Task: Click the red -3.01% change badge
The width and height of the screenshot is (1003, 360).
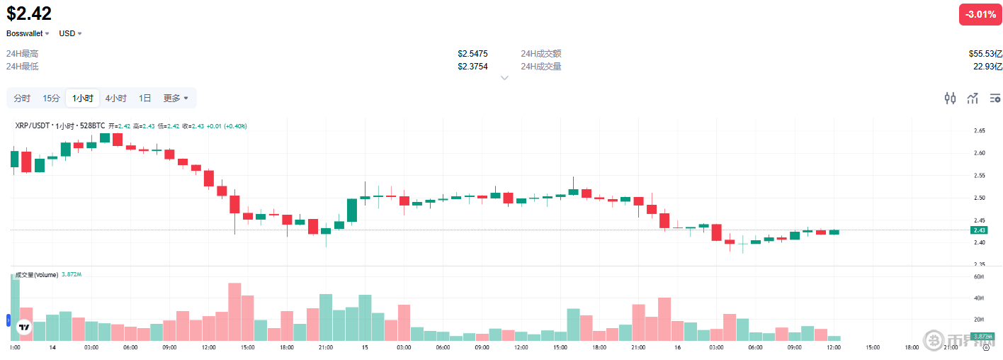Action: [x=980, y=14]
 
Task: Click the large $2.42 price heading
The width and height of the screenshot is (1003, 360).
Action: [x=29, y=13]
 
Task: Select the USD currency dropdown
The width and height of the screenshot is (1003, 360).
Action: [x=70, y=33]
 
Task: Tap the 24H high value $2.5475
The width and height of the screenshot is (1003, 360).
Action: [x=472, y=54]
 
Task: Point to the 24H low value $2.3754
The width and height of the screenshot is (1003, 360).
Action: [x=472, y=67]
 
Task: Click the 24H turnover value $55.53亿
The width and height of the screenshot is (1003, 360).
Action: [x=985, y=54]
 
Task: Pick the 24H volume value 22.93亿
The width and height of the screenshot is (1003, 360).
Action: [x=987, y=67]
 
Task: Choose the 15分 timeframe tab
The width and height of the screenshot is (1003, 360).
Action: [x=51, y=98]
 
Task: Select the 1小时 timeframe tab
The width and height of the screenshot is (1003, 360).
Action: [x=82, y=98]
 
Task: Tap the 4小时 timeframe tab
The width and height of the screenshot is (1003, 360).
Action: [x=115, y=98]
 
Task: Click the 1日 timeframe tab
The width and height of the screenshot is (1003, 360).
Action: [x=144, y=98]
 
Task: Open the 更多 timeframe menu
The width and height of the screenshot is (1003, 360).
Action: [x=176, y=98]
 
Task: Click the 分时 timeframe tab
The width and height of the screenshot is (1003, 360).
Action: [x=22, y=98]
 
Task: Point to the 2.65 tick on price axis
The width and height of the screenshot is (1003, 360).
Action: [x=980, y=131]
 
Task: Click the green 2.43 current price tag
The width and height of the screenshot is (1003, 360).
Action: [x=980, y=230]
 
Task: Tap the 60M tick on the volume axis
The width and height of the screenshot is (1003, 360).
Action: [x=980, y=276]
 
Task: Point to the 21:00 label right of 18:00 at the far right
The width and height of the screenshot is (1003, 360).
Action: [x=951, y=347]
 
